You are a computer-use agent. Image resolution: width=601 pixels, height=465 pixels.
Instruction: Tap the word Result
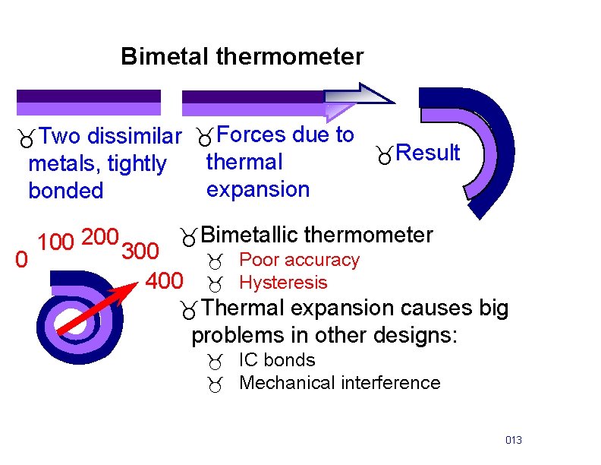click(x=428, y=153)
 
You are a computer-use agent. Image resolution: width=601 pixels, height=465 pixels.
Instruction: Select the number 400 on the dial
click(x=164, y=282)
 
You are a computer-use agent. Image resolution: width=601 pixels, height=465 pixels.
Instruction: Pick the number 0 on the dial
click(x=24, y=261)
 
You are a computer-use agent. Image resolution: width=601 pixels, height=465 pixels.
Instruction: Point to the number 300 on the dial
click(x=140, y=251)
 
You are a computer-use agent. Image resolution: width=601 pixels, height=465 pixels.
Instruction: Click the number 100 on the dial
click(x=55, y=243)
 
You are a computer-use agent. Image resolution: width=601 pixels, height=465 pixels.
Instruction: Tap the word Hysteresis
click(x=283, y=283)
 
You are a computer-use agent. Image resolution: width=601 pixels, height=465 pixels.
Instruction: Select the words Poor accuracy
click(x=299, y=260)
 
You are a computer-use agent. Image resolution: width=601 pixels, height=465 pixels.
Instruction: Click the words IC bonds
click(x=277, y=360)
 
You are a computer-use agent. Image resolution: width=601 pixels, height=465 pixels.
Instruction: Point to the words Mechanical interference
click(x=339, y=383)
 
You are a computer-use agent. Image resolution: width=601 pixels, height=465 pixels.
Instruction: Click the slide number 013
click(x=514, y=441)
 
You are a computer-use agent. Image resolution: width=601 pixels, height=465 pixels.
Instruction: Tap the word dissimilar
click(x=134, y=137)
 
